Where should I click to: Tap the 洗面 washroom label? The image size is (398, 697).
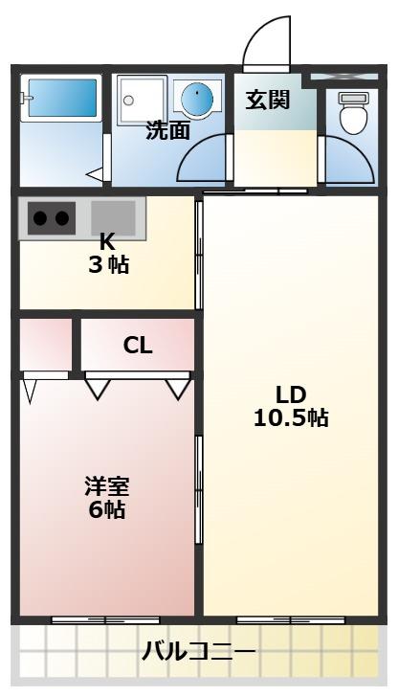pos(167,130)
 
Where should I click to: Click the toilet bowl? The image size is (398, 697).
pos(353,116)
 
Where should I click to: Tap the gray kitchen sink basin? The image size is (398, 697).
pos(113,217)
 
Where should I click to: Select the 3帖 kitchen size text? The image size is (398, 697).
pos(108,265)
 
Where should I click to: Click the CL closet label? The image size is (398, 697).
pos(138,346)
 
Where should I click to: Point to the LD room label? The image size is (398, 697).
pos(290,394)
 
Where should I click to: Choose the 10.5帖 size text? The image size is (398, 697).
pos(290,417)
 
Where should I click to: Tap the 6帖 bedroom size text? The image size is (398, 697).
pos(106,509)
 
